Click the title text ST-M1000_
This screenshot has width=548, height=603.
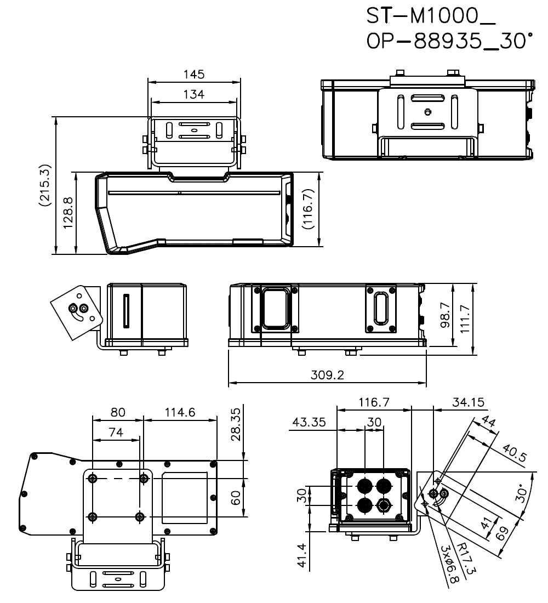pos(431,18)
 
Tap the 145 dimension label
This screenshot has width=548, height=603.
pos(194,74)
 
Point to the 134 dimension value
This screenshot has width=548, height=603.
pos(193,95)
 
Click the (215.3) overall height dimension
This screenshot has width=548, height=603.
pos(45,185)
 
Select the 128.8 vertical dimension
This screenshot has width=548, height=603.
pos(68,214)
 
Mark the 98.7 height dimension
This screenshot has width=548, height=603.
pos(446,315)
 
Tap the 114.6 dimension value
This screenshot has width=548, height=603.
pos(180,412)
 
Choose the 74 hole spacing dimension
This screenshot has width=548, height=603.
pos(116,432)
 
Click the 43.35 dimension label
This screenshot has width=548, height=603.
pos(309,423)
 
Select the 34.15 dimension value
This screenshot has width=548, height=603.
pos(468,403)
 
